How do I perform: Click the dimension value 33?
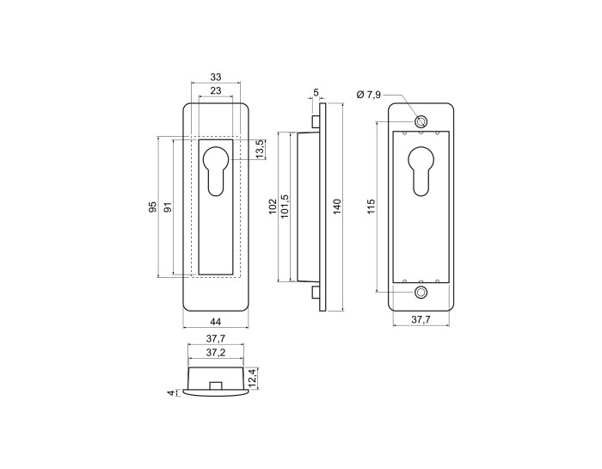216,77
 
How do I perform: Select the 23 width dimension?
216,90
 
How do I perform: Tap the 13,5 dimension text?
260,149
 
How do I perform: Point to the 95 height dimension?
153,207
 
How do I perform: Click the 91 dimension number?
169,207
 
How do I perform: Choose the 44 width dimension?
216,322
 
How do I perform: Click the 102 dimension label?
273,207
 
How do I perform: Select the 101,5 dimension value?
285,207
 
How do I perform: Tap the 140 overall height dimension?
336,207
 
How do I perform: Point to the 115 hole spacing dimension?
371,207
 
